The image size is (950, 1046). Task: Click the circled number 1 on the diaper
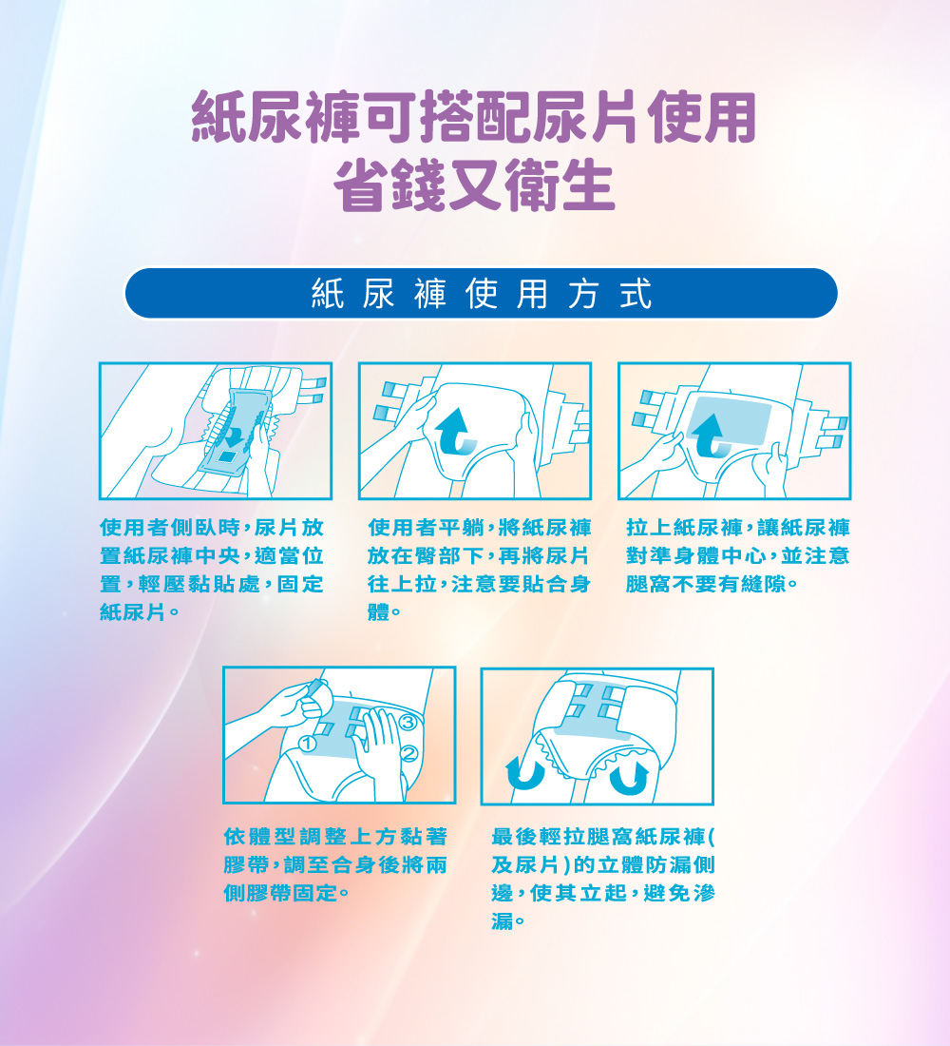(308, 744)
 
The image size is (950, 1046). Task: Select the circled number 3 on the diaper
(408, 723)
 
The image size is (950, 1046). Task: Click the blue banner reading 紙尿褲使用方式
(481, 294)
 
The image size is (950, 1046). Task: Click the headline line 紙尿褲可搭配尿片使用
(474, 117)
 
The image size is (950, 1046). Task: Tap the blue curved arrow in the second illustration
(455, 433)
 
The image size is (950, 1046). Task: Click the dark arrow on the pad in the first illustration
(232, 436)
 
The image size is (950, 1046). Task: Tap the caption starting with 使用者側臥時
(212, 569)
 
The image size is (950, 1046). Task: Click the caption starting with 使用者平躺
(479, 569)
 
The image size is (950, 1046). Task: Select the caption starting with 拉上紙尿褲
(737, 555)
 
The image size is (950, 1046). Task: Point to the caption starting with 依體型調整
(335, 863)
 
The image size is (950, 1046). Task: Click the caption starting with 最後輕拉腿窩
(603, 878)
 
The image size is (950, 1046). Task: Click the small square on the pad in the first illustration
(227, 455)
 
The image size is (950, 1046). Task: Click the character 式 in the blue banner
(636, 294)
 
